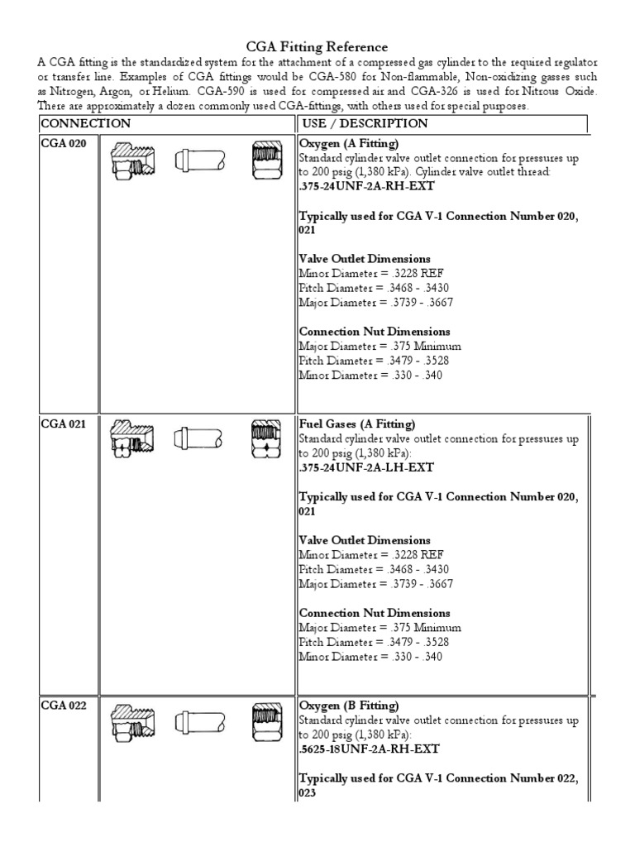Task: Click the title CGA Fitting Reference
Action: tap(317, 48)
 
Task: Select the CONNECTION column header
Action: tap(86, 124)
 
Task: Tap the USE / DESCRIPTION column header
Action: tap(363, 124)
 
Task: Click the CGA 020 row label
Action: tap(63, 143)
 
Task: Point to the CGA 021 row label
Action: tap(63, 423)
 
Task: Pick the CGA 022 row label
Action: tap(63, 706)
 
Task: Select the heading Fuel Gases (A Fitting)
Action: tap(357, 423)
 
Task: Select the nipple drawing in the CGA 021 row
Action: tap(198, 440)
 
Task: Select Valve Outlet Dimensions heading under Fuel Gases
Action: tap(365, 540)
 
